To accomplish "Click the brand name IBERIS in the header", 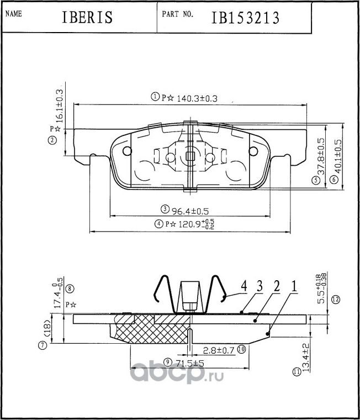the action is (87, 18).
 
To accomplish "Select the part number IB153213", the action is (246, 18).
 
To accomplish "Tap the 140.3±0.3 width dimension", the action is (197, 98).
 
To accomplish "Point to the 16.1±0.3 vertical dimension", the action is (60, 106).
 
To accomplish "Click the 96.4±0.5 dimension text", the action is (190, 211).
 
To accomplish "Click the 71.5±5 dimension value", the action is (190, 363).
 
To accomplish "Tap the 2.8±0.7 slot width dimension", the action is (219, 350).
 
